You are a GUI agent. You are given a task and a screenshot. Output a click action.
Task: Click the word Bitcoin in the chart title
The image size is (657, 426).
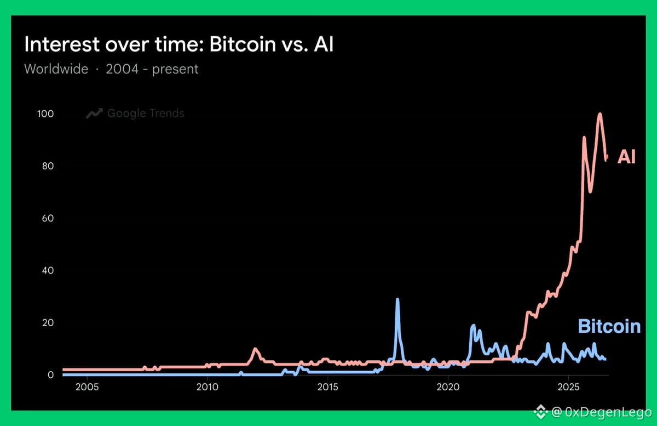click(x=243, y=44)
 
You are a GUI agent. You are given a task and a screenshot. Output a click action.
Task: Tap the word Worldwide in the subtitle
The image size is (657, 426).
click(x=56, y=69)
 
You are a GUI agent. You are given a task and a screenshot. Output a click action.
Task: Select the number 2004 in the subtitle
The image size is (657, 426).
click(x=122, y=69)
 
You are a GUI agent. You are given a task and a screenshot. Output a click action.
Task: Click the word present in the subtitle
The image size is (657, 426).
click(x=175, y=70)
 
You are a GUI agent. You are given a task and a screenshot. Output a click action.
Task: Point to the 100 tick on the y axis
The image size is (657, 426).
click(x=45, y=113)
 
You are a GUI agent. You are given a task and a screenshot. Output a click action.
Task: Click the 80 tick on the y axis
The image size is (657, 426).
click(x=48, y=166)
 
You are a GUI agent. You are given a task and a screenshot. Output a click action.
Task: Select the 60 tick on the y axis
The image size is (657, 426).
click(x=48, y=218)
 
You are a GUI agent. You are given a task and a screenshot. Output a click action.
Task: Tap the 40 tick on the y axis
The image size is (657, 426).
click(x=48, y=270)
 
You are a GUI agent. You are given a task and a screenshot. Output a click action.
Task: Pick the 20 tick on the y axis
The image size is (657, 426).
click(x=48, y=322)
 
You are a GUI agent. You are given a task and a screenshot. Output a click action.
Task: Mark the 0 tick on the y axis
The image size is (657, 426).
click(x=51, y=375)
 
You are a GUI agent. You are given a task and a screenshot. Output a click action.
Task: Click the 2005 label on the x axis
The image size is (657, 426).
click(x=87, y=387)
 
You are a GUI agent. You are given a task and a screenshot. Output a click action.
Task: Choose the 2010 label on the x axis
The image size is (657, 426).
click(x=208, y=387)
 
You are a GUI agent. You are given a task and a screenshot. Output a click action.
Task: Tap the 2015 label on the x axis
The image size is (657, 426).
click(x=327, y=387)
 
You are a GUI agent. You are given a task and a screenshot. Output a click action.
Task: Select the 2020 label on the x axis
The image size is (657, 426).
click(x=448, y=387)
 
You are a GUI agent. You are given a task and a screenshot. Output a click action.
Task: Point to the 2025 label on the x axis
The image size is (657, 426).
click(x=568, y=387)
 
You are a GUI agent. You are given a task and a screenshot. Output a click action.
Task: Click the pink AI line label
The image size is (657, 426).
click(x=626, y=157)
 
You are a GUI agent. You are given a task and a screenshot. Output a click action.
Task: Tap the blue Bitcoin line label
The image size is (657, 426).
click(x=609, y=326)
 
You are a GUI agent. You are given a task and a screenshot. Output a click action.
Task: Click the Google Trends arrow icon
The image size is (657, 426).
click(x=94, y=113)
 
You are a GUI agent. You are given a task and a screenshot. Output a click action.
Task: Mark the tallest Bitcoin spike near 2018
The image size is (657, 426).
click(x=397, y=300)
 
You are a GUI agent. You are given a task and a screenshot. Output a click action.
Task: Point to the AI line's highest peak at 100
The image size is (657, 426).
click(x=600, y=113)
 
